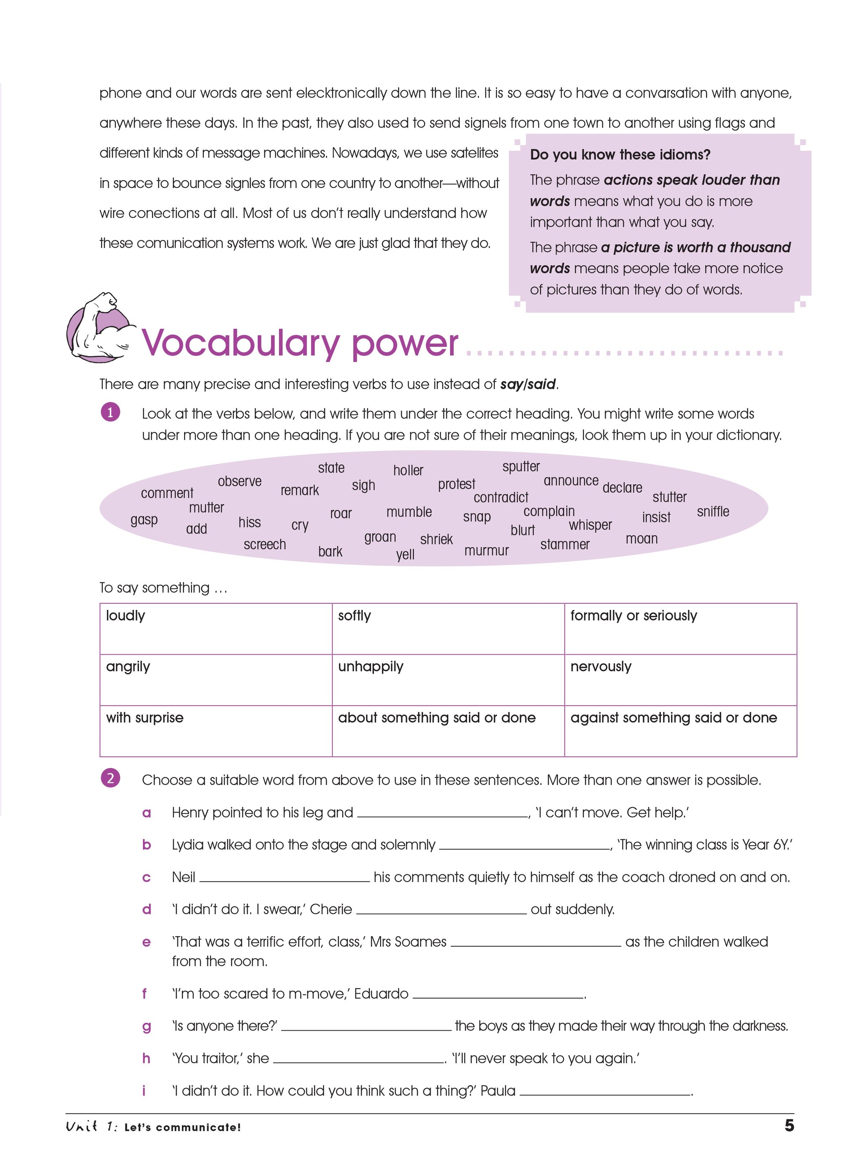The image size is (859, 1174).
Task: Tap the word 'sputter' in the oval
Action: coord(520,467)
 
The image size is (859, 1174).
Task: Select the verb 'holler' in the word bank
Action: coord(408,470)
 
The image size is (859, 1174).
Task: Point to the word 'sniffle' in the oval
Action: coord(712,512)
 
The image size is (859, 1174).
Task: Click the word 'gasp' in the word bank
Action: coord(143,520)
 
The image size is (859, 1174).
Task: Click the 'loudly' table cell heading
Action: coord(125,616)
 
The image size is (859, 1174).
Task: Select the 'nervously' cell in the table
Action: coord(601,666)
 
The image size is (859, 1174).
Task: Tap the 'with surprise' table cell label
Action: coord(144,718)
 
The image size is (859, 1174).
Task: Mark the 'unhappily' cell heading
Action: coord(370,666)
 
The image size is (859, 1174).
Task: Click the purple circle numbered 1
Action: coord(110,413)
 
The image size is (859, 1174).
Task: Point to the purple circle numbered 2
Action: coord(110,779)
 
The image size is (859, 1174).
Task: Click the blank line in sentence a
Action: coord(442,814)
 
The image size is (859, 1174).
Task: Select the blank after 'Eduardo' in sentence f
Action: coord(497,995)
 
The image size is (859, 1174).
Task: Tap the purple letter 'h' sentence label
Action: coord(146,1058)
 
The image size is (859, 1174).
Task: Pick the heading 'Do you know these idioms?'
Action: coord(620,155)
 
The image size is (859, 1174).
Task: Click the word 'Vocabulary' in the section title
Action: coord(240,344)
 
